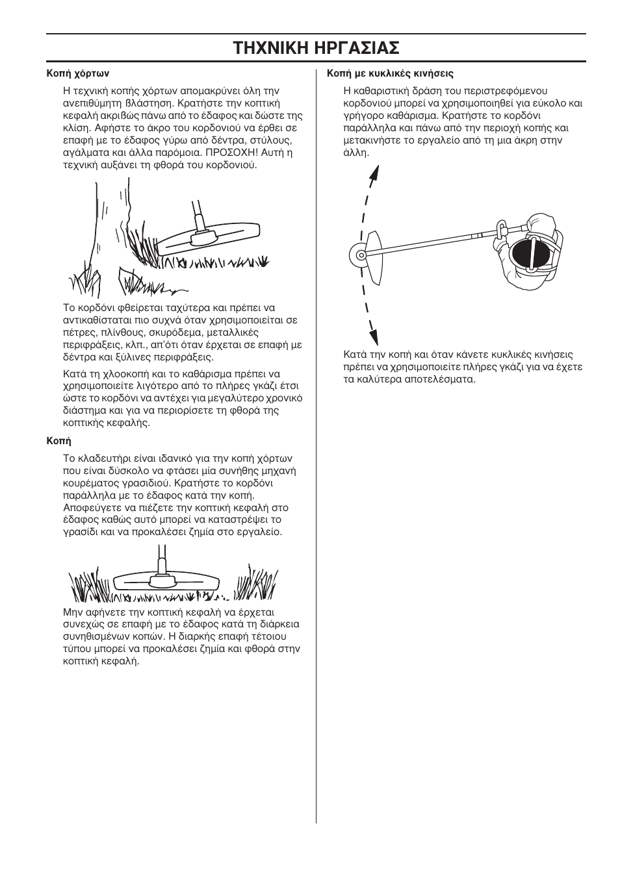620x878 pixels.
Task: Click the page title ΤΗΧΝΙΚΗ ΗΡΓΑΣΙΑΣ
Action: click(316, 48)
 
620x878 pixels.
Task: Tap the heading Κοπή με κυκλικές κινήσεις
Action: click(390, 73)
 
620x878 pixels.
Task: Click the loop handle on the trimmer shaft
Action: click(502, 228)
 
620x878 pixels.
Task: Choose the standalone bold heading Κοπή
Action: click(58, 441)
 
